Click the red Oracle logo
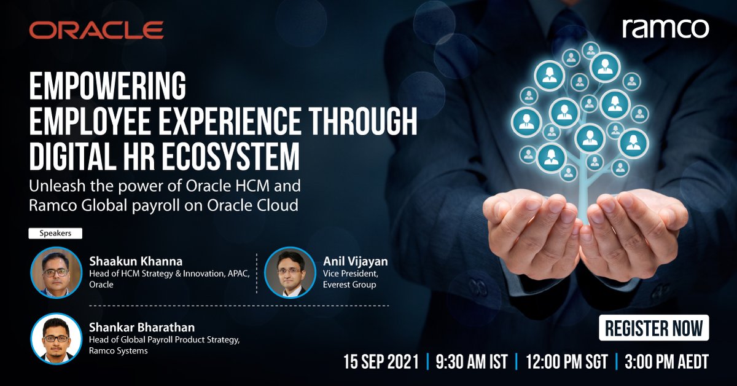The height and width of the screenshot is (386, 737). coord(96,30)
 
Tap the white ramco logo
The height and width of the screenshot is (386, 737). coord(665,28)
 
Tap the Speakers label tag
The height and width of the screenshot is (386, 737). coord(55,234)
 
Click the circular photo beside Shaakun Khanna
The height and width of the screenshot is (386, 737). coord(57,272)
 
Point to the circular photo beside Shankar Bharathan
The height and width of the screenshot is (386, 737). coord(57,337)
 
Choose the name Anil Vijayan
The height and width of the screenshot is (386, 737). coord(355,261)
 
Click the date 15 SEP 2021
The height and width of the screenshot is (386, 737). coord(381,362)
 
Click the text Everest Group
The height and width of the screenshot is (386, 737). coord(351,285)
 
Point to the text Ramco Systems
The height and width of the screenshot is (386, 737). coord(119,351)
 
